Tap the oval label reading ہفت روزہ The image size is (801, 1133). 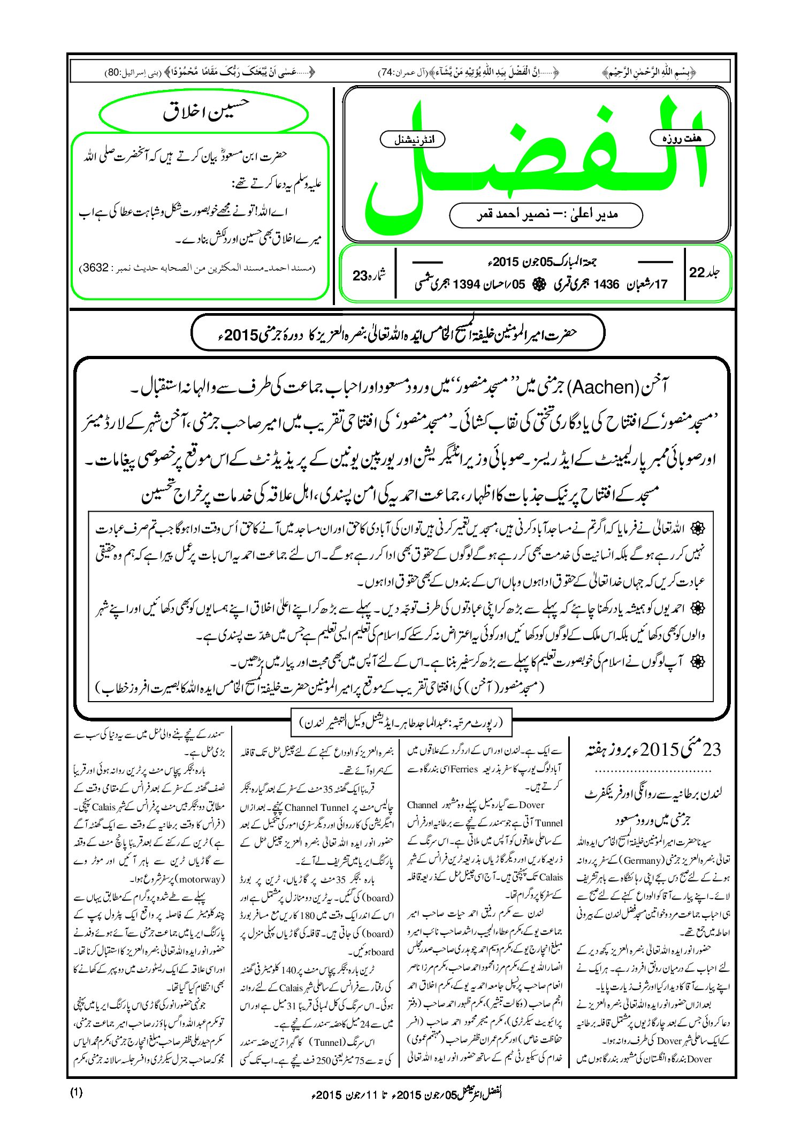[x=682, y=138]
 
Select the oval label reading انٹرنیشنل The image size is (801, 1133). [x=413, y=139]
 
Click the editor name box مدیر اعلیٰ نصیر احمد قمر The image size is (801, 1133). [x=546, y=215]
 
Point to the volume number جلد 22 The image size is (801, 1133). [x=704, y=272]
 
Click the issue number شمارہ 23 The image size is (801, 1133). [x=369, y=275]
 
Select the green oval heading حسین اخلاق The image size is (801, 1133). [x=204, y=113]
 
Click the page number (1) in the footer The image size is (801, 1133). [x=77, y=1092]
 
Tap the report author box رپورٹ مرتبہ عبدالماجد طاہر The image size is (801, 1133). [x=401, y=724]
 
